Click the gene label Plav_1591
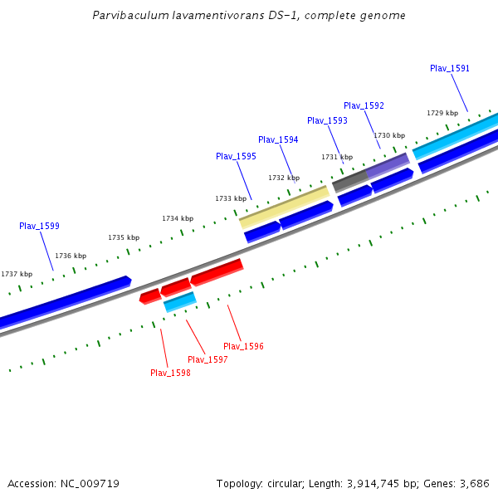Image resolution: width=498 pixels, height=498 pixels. click(x=450, y=68)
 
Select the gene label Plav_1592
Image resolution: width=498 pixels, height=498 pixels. click(x=364, y=105)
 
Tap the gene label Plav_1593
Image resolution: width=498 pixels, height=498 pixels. click(x=327, y=120)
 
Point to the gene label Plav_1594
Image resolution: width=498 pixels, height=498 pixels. click(x=278, y=139)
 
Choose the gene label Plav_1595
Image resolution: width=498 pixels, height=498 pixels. click(x=236, y=156)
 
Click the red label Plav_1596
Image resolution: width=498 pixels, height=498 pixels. click(x=243, y=346)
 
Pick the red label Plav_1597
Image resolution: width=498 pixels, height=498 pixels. click(x=207, y=359)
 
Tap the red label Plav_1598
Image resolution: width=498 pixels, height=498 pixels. click(x=170, y=373)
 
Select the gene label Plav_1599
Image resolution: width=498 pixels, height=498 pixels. click(x=39, y=226)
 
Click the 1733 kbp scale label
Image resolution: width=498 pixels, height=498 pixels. click(x=231, y=198)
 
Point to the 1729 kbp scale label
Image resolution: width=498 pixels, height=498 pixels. click(x=442, y=113)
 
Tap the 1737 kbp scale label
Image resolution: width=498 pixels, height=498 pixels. click(x=17, y=274)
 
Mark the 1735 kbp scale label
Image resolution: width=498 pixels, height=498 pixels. click(x=124, y=237)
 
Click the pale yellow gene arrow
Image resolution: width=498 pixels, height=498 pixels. click(x=284, y=207)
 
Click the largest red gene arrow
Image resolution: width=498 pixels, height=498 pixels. click(x=217, y=271)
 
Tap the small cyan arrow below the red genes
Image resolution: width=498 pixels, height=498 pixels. click(x=179, y=301)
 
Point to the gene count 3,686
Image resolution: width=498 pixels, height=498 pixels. click(x=474, y=483)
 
